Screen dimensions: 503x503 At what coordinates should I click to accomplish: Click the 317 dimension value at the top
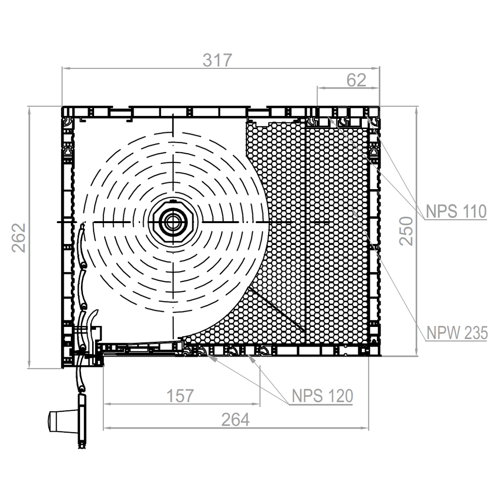(x=217, y=60)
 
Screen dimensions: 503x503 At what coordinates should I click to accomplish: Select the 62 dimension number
(x=356, y=80)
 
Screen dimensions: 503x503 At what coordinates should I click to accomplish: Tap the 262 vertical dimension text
(x=19, y=238)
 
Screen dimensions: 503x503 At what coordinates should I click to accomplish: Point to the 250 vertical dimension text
(x=406, y=231)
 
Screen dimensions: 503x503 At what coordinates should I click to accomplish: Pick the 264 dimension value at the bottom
(x=236, y=420)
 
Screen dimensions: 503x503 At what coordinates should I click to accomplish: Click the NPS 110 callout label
(x=456, y=211)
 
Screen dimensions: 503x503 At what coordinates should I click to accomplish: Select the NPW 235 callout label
(x=457, y=333)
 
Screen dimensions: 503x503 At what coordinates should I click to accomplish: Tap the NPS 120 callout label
(x=322, y=396)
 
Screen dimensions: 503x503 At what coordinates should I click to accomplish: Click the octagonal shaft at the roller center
(x=174, y=222)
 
